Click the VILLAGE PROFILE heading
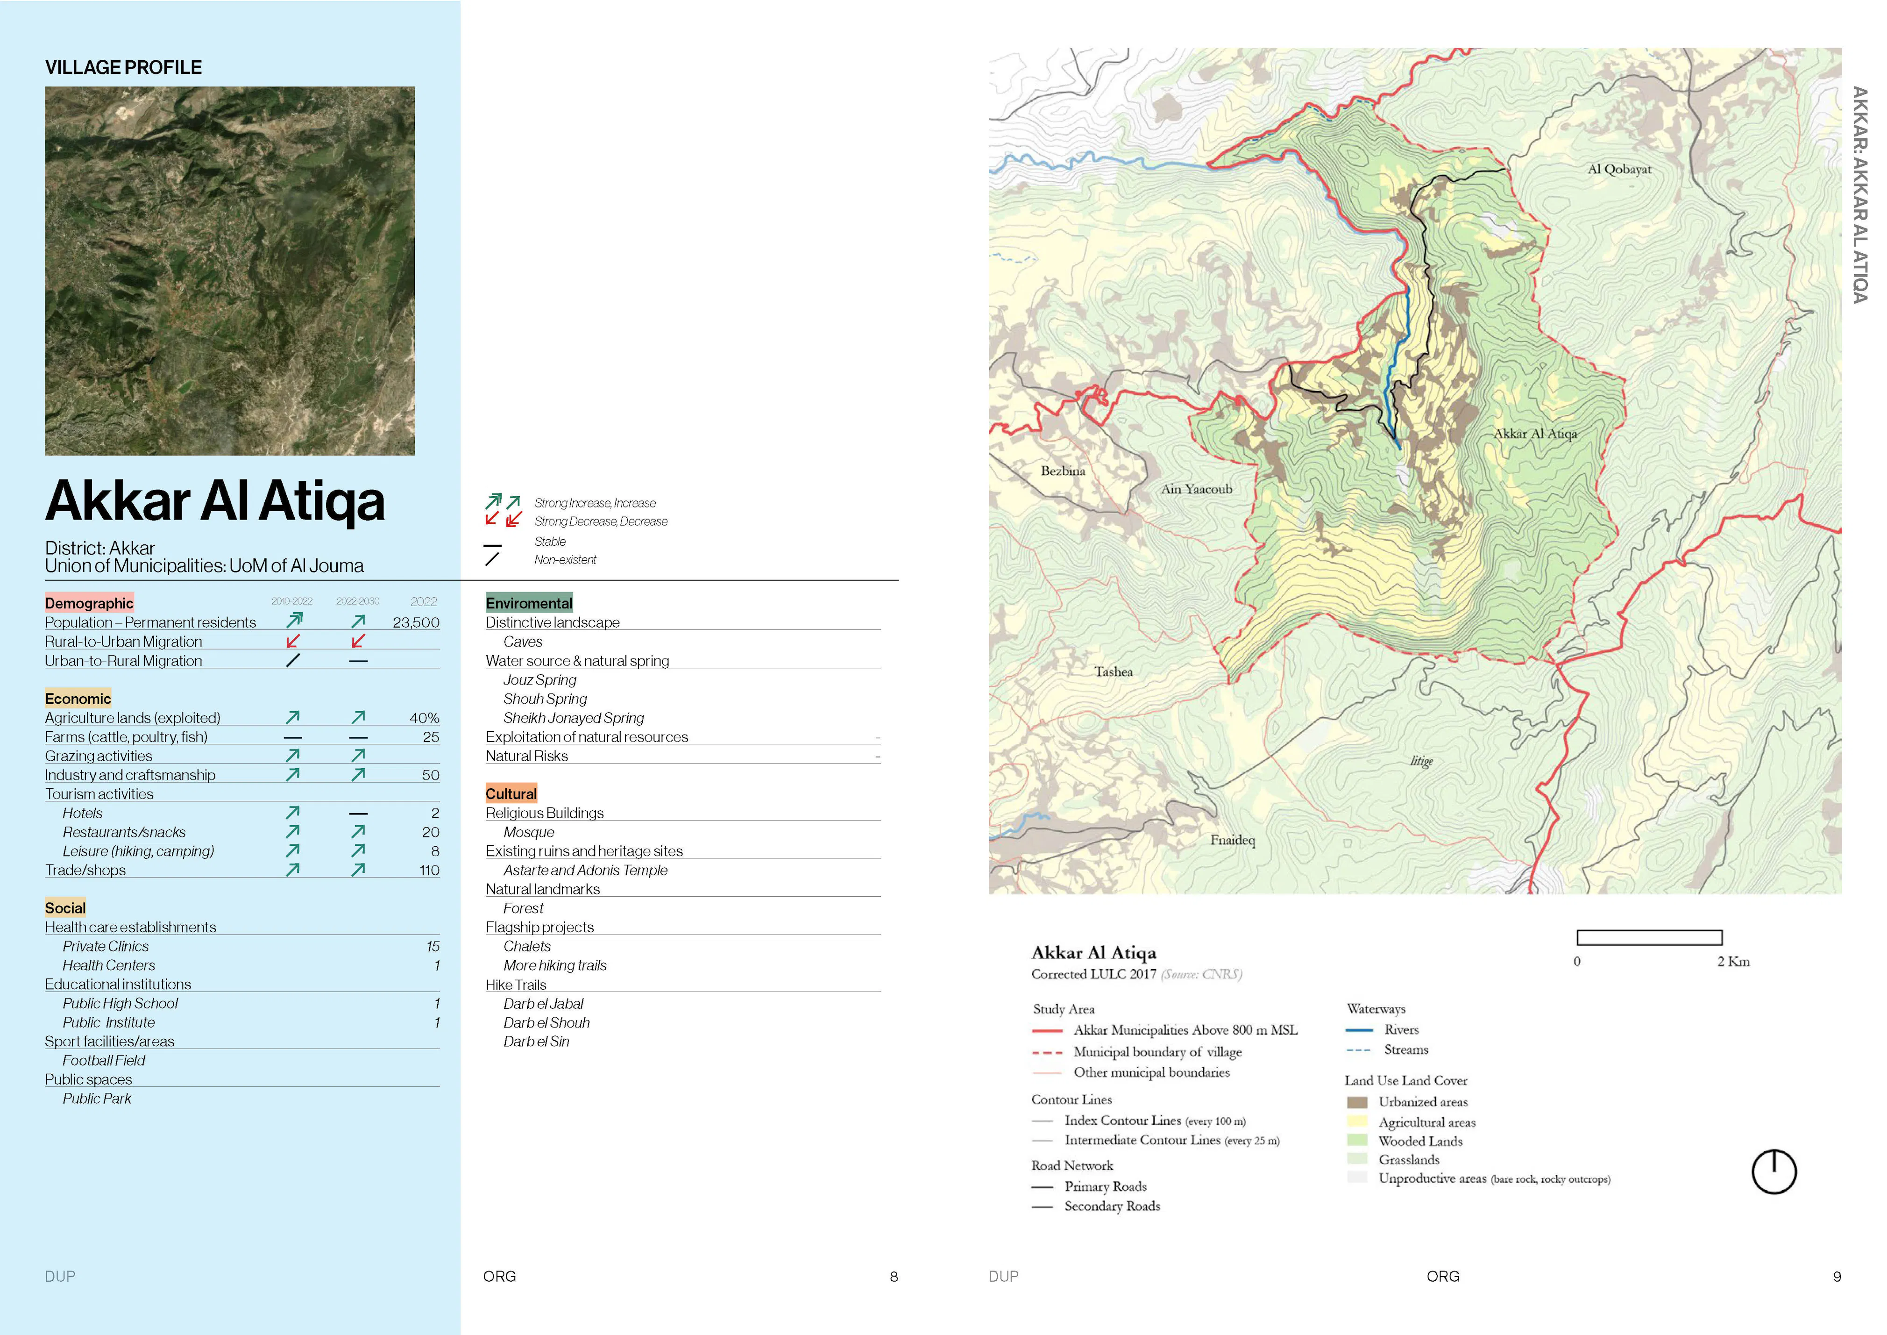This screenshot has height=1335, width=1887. click(123, 67)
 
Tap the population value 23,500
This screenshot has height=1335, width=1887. click(416, 622)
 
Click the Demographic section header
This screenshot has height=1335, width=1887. click(89, 603)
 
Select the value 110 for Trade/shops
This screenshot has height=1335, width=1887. click(429, 870)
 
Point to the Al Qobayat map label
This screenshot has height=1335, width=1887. click(1619, 169)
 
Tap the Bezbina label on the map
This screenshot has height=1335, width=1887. click(1063, 471)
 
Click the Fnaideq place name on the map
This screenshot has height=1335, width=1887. click(1232, 840)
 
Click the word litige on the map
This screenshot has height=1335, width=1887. click(1421, 761)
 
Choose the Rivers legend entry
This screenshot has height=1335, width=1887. click(1400, 1030)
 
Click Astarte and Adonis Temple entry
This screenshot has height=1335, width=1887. click(585, 870)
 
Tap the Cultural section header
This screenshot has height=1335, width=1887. click(511, 794)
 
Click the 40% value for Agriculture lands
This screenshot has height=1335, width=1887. click(424, 718)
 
